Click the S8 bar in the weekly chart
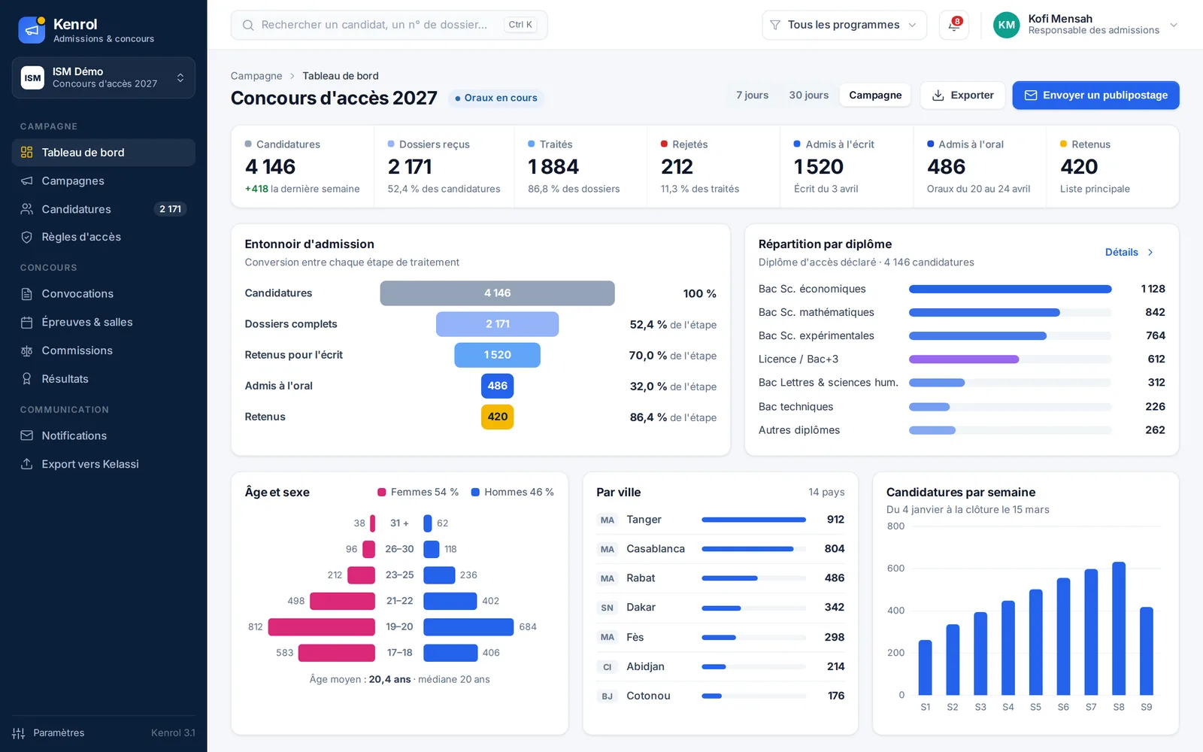click(x=1119, y=629)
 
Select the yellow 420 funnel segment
click(x=497, y=417)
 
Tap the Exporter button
click(x=962, y=95)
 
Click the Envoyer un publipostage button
click(x=1095, y=95)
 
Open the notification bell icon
click(x=954, y=26)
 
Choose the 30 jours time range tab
click(x=808, y=95)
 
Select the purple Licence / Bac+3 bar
click(x=963, y=359)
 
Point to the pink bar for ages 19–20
click(x=321, y=627)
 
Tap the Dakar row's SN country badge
click(x=607, y=608)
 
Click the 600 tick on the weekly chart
click(x=895, y=569)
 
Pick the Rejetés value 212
click(x=677, y=167)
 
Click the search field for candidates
click(x=389, y=25)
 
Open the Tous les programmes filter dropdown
click(x=844, y=26)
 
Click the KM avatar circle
click(x=1006, y=26)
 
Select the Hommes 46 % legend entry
click(x=512, y=492)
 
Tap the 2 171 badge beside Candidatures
click(x=170, y=209)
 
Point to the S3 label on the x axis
click(x=980, y=707)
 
